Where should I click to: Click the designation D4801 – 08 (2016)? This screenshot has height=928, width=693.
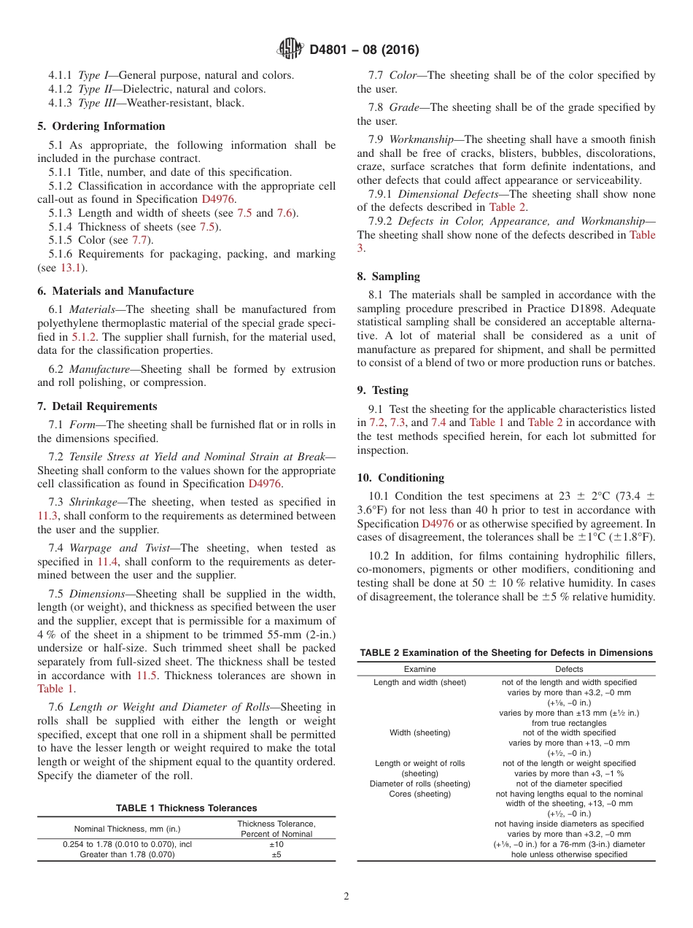(364, 50)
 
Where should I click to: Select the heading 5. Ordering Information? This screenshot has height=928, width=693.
(101, 126)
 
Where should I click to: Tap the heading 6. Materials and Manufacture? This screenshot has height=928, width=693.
(115, 291)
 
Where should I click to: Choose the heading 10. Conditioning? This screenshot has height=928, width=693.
(400, 478)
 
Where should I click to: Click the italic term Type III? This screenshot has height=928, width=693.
(95, 103)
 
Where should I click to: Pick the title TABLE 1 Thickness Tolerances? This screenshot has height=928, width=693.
(186, 808)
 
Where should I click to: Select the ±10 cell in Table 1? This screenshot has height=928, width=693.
(276, 844)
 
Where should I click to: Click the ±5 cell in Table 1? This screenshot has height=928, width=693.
(276, 854)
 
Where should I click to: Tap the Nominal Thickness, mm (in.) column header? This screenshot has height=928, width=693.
(127, 829)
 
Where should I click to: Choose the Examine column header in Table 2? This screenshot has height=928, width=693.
(419, 669)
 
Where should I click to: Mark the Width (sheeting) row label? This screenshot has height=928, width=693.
(419, 732)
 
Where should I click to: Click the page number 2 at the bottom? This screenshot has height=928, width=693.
(346, 897)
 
